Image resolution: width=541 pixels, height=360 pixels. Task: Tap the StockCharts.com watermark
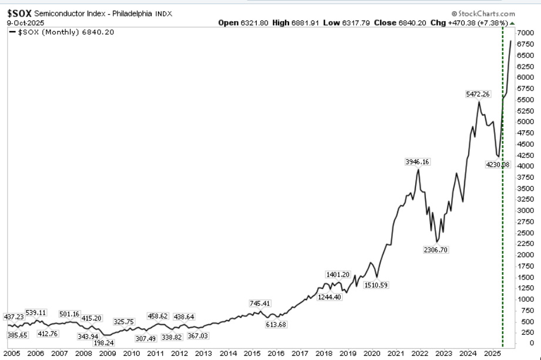(486, 13)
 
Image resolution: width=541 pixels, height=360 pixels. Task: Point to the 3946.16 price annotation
(418, 161)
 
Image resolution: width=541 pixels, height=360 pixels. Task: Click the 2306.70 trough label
(436, 250)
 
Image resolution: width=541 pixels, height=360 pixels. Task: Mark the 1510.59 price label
(377, 285)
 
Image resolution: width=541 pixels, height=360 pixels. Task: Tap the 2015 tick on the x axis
(252, 354)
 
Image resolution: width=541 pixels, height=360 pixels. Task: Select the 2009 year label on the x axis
(107, 354)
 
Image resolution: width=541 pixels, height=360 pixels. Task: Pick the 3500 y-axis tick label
(526, 188)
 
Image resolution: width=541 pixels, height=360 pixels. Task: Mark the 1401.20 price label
(338, 274)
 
